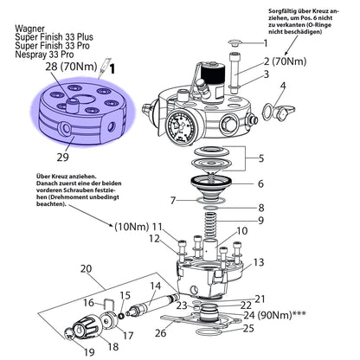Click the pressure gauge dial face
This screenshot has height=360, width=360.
click(179, 127)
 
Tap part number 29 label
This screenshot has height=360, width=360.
click(62, 157)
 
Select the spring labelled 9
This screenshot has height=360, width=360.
click(211, 226)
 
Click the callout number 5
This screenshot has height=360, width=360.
click(260, 158)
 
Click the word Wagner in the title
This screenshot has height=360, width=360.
click(29, 29)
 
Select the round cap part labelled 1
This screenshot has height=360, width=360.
click(235, 43)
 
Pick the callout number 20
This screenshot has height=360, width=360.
click(86, 268)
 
